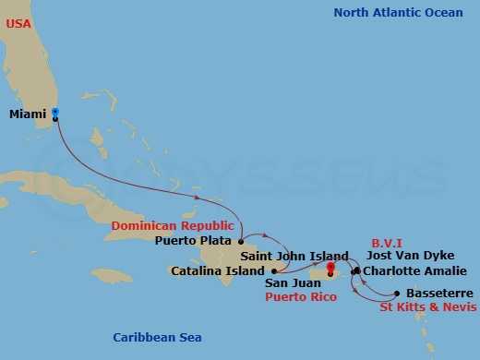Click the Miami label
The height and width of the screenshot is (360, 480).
28,114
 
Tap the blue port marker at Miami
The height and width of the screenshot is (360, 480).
55,114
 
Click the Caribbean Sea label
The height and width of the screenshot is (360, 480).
157,338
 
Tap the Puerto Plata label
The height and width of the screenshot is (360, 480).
195,242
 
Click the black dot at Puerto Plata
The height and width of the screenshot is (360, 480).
241,242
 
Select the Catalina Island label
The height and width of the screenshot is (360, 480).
214,271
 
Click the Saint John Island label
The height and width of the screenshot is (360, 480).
294,256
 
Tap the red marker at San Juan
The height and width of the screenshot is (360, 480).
330,270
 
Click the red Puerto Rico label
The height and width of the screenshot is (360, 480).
300,297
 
